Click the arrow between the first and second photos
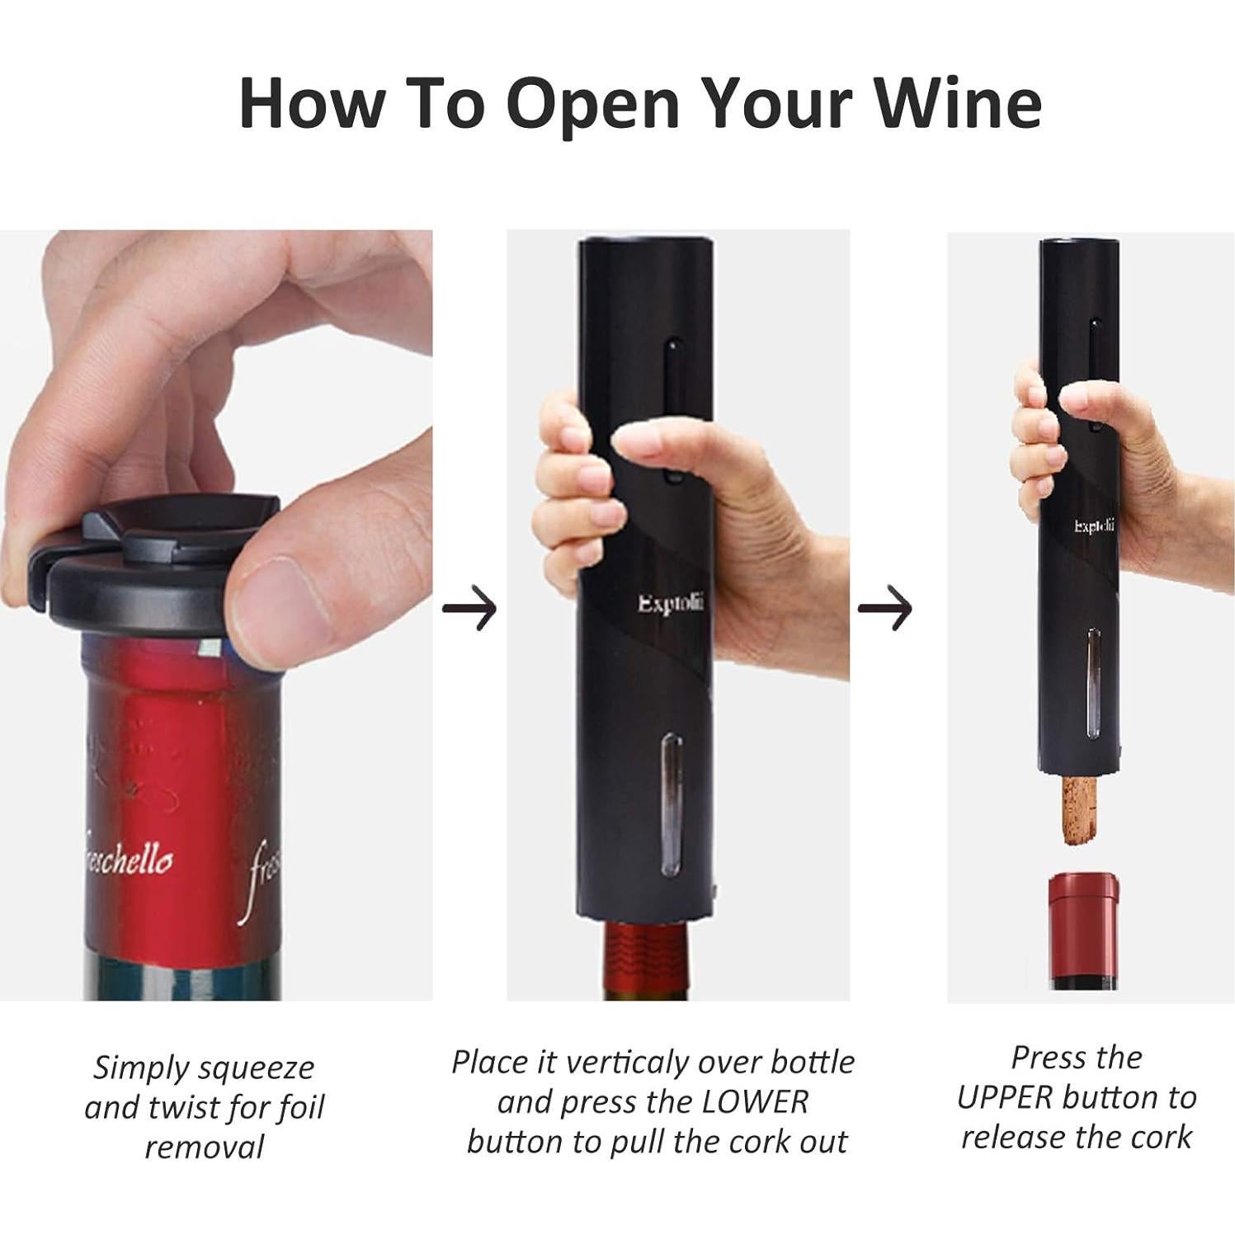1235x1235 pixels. click(x=469, y=610)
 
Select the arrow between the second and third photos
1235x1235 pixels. click(x=885, y=610)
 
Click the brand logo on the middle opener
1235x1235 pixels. click(x=670, y=604)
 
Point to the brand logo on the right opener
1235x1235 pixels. click(x=1094, y=526)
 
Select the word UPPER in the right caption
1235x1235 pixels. click(x=1005, y=1098)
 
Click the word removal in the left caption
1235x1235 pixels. click(x=205, y=1147)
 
